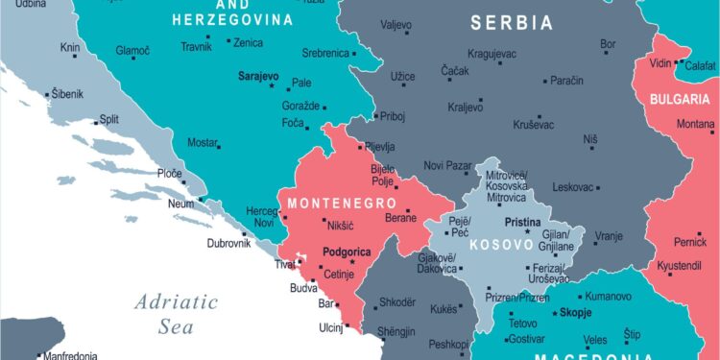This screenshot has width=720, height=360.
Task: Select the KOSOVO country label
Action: (x=500, y=245)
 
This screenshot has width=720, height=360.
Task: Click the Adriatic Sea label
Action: (x=176, y=314)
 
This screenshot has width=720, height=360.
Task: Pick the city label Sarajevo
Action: (x=258, y=75)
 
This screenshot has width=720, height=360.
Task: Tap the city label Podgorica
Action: (x=347, y=252)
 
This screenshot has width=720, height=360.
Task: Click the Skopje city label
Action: (x=573, y=313)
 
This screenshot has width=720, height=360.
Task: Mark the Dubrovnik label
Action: (x=228, y=244)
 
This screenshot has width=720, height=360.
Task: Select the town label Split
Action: (x=109, y=120)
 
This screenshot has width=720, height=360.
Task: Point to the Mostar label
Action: (x=202, y=143)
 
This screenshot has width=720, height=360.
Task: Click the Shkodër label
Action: (x=396, y=301)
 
